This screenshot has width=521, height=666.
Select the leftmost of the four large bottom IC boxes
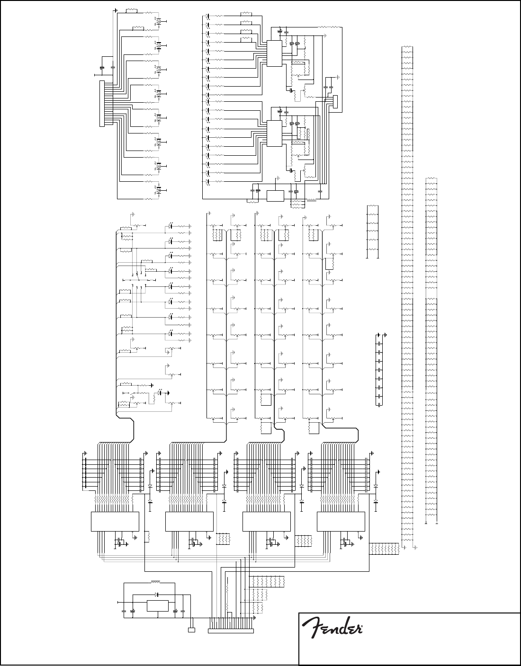click(x=115, y=521)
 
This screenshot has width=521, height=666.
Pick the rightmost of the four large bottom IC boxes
click(x=341, y=521)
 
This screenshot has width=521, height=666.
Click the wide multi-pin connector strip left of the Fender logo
click(x=231, y=630)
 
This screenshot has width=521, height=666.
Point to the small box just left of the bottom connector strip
click(x=192, y=630)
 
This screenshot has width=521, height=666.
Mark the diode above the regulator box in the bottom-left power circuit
click(x=157, y=594)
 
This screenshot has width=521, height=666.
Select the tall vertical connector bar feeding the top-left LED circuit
click(x=101, y=103)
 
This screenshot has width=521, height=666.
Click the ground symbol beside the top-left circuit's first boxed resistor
click(x=116, y=9)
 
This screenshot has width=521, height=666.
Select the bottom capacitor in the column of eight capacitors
click(x=379, y=405)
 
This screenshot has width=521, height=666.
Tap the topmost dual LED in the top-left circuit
click(x=160, y=21)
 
